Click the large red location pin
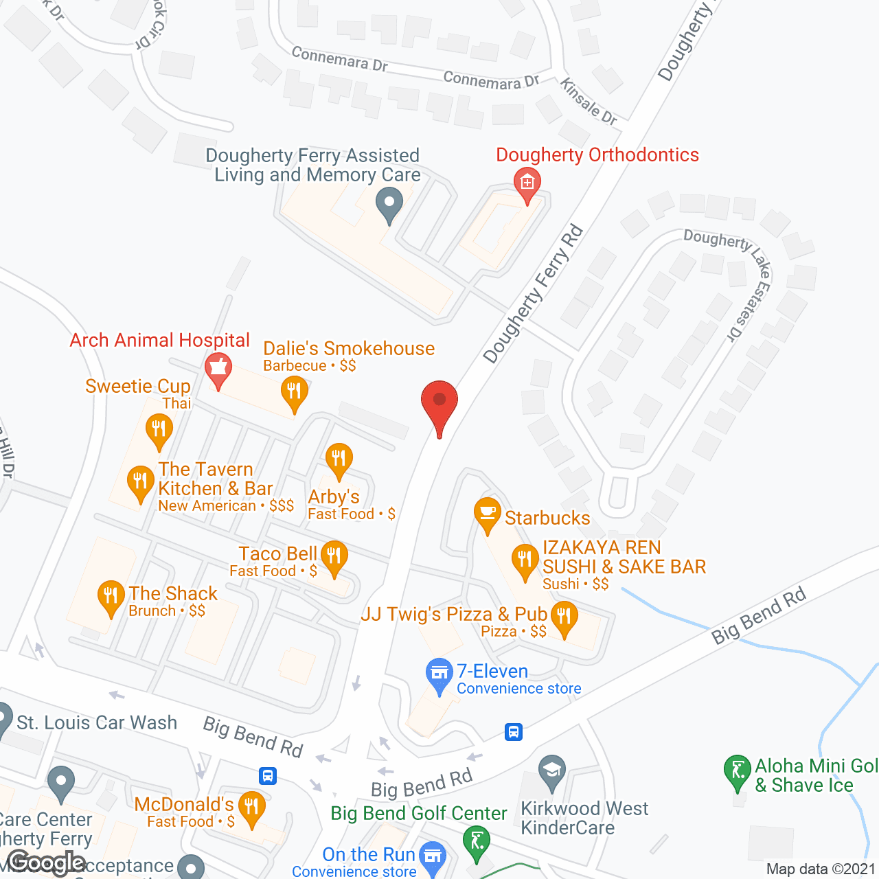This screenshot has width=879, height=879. pos(439,405)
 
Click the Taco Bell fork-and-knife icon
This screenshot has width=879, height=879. pos(334,557)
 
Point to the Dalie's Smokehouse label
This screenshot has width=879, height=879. pos(349,349)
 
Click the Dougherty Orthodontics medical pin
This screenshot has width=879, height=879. pos(527,183)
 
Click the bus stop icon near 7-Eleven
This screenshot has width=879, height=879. pos(513,732)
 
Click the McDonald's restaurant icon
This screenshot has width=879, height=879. pos(252,806)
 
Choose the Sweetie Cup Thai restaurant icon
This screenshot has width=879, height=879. pos(159,431)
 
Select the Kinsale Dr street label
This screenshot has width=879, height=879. pos(589,102)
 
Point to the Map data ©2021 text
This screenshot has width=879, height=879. pos(821,869)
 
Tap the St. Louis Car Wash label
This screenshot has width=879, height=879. pos(97,722)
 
